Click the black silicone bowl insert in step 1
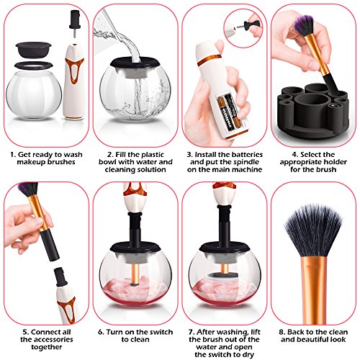(x=33, y=50)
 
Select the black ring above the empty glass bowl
(x=33, y=65)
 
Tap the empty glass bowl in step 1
(x=34, y=95)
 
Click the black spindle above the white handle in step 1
(x=75, y=23)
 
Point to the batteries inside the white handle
(x=229, y=112)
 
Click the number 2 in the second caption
(x=109, y=155)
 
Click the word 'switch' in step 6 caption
(x=161, y=332)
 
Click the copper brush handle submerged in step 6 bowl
(x=135, y=274)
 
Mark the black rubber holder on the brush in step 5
(x=49, y=245)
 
